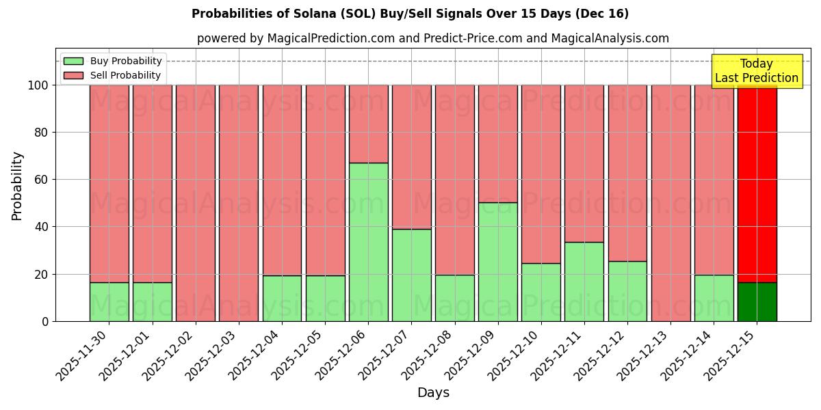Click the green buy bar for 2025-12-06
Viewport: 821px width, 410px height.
(368, 242)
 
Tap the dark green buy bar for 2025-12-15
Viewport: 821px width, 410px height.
(757, 301)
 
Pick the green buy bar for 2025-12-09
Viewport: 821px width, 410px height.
(498, 262)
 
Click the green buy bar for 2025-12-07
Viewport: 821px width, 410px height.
(412, 275)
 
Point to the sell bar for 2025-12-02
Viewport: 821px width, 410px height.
(196, 203)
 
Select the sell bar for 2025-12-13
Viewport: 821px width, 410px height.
(670, 203)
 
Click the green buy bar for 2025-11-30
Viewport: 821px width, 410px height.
(109, 301)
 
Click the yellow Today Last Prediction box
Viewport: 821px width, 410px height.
(756, 71)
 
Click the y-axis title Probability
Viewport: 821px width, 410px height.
(17, 185)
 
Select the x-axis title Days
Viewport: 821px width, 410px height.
(433, 393)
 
